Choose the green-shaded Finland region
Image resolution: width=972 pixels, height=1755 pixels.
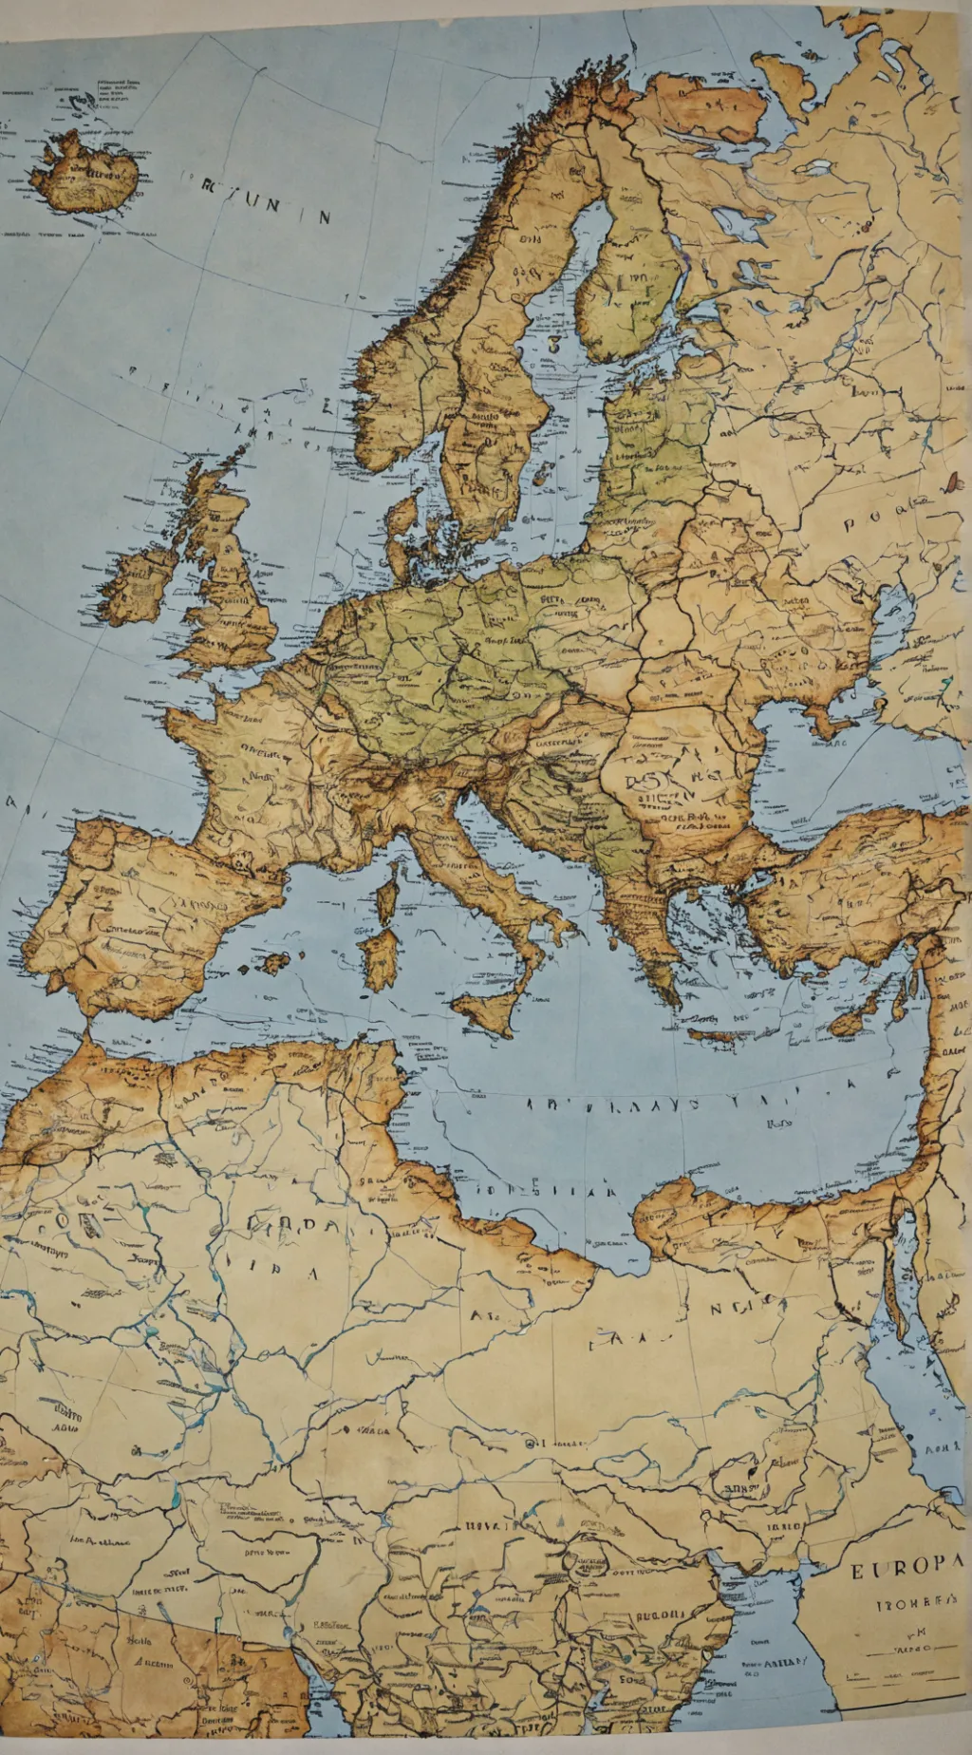636,285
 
